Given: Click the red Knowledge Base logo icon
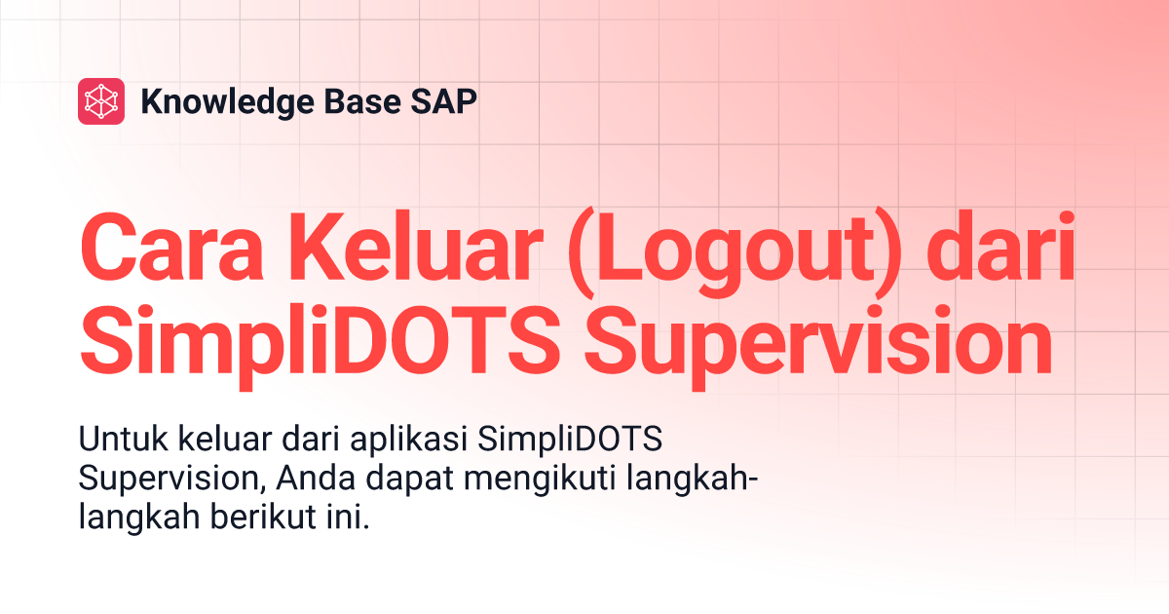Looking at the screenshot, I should pos(101,101).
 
